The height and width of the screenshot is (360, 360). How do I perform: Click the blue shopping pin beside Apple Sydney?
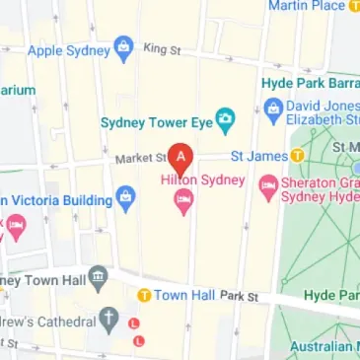point(123,46)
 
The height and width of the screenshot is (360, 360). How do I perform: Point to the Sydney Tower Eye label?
point(156,122)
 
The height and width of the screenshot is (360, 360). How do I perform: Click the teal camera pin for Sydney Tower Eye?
point(226,121)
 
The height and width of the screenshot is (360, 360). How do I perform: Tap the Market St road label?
point(134,156)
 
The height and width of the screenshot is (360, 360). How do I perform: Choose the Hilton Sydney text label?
point(200,180)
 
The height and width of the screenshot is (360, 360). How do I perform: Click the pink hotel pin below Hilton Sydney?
point(182,202)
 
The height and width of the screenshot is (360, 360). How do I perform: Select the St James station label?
point(258,156)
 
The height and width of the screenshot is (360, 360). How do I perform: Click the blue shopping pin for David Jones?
point(273,107)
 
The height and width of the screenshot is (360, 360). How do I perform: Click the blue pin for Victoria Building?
point(125,198)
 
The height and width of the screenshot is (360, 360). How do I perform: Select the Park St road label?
point(239,296)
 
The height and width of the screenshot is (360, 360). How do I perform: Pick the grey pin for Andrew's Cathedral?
point(109,321)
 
